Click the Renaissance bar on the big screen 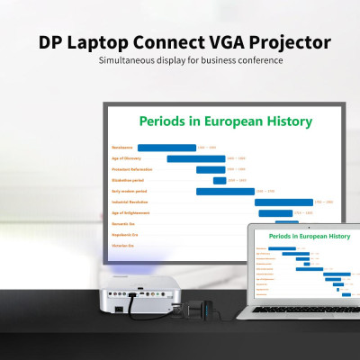coord(166,148)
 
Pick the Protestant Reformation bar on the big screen coord(211,169)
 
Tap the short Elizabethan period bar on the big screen coord(220,180)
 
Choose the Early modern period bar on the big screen coord(225,191)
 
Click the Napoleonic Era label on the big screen coord(123,234)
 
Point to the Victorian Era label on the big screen coord(122,245)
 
